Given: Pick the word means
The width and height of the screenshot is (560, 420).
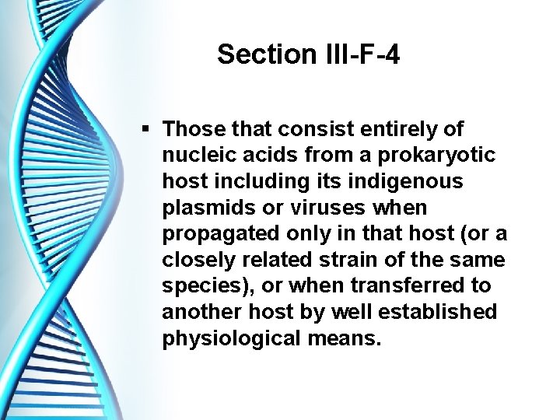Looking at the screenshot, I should tap(343, 339).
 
